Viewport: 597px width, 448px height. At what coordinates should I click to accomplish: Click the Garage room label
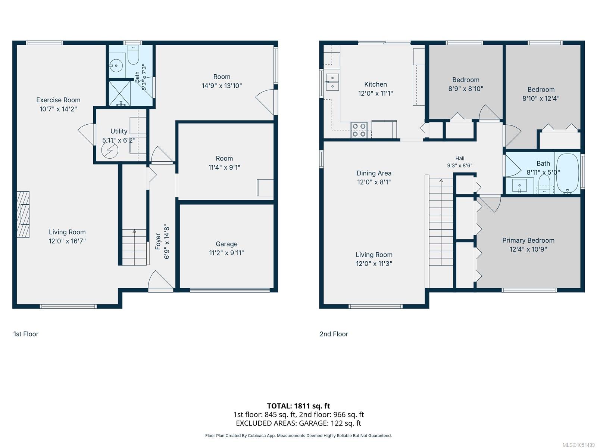(x=226, y=244)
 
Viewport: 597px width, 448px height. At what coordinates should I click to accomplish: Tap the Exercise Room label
(x=58, y=100)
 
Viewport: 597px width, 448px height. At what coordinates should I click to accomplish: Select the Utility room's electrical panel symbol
(x=110, y=150)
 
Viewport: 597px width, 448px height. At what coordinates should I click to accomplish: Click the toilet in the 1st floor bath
(x=133, y=55)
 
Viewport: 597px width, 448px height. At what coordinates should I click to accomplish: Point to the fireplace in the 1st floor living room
(x=23, y=214)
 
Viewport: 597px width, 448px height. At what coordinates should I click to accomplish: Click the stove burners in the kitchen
(x=359, y=130)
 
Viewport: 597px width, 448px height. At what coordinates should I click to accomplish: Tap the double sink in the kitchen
(x=332, y=82)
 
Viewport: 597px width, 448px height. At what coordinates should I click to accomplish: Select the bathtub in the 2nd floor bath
(x=568, y=173)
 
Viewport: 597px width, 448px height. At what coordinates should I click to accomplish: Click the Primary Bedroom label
(x=528, y=240)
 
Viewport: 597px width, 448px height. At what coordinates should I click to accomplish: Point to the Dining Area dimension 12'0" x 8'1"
(x=374, y=182)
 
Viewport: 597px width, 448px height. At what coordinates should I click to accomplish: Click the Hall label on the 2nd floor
(x=460, y=158)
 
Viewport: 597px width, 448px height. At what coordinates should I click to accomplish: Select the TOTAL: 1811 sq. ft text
(x=298, y=406)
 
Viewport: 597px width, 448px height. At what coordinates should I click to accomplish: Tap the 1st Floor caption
(x=26, y=334)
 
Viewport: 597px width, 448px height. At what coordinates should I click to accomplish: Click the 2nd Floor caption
(x=334, y=334)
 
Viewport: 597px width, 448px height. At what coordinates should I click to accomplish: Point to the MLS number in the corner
(x=578, y=445)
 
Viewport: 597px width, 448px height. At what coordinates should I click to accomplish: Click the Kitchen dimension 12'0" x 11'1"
(x=375, y=93)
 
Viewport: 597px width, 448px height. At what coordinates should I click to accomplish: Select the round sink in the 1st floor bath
(x=116, y=66)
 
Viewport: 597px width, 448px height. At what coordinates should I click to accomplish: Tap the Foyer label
(x=158, y=242)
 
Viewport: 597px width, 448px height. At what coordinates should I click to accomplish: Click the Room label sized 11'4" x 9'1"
(x=224, y=158)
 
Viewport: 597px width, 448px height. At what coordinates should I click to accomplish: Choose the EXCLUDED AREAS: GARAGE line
(x=298, y=423)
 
